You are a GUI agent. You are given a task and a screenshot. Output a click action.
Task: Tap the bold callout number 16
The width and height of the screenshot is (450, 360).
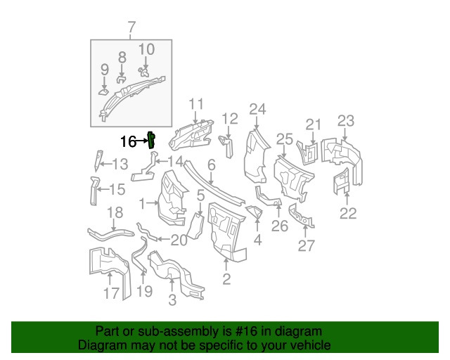coord(127,141)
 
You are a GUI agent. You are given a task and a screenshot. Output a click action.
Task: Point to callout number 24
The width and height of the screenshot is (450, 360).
coord(258,109)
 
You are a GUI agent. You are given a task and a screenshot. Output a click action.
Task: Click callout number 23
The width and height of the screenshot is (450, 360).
coord(345,120)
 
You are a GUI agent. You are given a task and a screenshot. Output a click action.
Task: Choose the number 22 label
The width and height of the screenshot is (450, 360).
coord(348,213)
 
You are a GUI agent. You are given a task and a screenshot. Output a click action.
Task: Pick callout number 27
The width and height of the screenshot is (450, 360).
coord(307,245)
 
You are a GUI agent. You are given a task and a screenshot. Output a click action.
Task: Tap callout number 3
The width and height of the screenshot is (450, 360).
coord(172,302)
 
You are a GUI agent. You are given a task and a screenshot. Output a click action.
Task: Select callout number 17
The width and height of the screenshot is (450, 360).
coord(112,292)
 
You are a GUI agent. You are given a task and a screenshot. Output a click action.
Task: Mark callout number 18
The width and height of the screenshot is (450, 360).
coord(115,213)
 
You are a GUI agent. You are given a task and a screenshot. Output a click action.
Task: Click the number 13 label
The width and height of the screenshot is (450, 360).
coord(120,165)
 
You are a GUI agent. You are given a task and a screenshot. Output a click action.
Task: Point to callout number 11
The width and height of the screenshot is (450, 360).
coord(195,103)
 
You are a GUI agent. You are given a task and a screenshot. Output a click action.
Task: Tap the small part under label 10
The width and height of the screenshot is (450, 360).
coord(145,70)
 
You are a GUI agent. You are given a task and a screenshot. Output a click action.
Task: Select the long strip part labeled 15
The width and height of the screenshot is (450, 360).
coord(94,192)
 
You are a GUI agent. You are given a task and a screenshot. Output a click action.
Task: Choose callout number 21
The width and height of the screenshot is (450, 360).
coord(313,124)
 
